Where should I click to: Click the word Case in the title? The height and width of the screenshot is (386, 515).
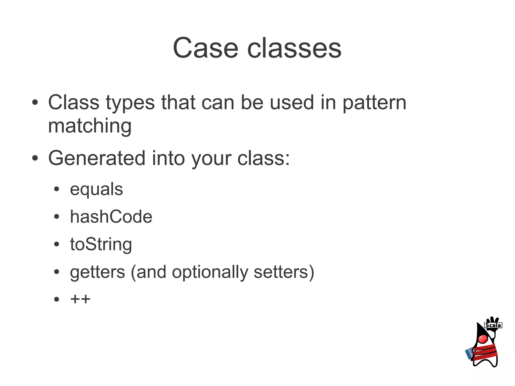(x=205, y=48)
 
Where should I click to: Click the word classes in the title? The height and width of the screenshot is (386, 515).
(x=294, y=48)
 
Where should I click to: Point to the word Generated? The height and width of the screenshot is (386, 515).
(x=97, y=158)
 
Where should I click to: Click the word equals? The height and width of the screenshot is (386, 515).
(x=96, y=190)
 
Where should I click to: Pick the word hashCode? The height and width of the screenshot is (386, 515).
(x=111, y=217)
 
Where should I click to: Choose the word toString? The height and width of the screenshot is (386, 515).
(x=101, y=244)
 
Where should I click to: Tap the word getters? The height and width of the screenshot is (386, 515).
(x=97, y=272)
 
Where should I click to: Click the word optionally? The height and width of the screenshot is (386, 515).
(x=210, y=272)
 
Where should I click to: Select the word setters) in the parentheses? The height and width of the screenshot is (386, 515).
(x=284, y=272)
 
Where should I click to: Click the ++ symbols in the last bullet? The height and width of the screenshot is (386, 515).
(x=80, y=299)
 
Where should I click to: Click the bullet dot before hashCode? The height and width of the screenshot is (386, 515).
(x=57, y=217)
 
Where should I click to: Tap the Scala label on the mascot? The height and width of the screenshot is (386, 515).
(x=493, y=325)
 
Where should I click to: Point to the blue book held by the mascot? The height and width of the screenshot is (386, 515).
(x=469, y=353)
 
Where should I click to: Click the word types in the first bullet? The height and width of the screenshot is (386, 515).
(x=130, y=103)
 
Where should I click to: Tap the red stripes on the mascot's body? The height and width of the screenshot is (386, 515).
(x=485, y=352)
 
